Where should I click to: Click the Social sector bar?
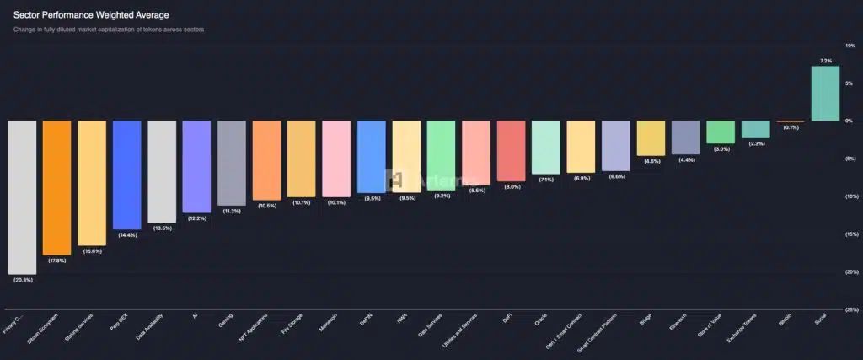coord(824,94)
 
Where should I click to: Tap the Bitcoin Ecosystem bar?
coord(56,187)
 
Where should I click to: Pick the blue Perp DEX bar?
coord(126,175)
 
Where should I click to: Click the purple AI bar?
coord(196,166)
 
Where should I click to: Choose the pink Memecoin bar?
coord(335,159)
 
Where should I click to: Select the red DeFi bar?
coord(511,151)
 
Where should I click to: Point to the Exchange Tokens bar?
coord(755,129)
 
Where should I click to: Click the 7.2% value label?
coord(826,61)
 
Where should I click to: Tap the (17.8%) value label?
coord(56,261)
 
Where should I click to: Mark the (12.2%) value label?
coord(196,218)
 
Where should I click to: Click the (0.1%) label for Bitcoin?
coord(791,127)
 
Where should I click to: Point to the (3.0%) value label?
coord(721,148)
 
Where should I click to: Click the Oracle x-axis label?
coord(539,321)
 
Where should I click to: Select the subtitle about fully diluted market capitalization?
coord(109,30)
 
